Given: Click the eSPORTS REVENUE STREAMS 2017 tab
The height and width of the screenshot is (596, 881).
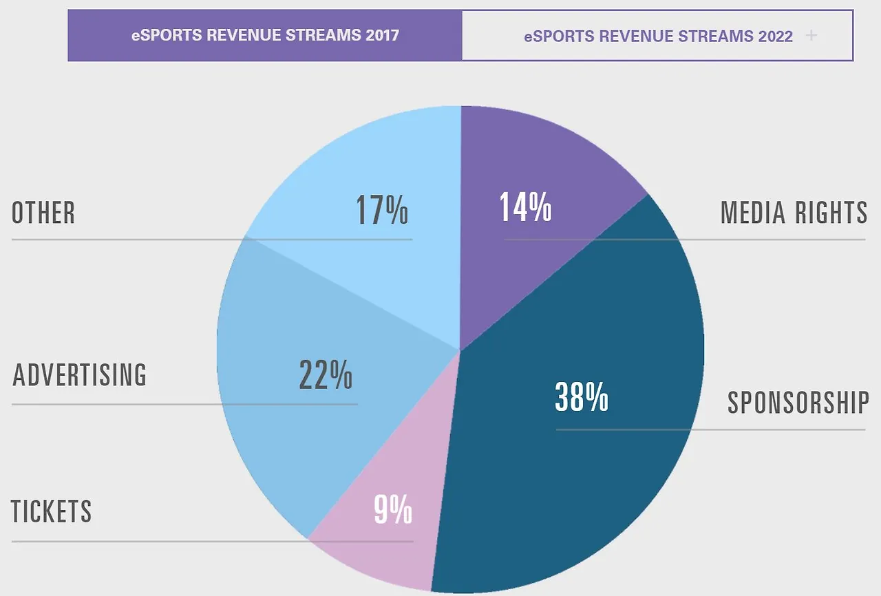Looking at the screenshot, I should (265, 35).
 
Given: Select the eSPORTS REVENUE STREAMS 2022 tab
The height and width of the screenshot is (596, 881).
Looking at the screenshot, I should (658, 36).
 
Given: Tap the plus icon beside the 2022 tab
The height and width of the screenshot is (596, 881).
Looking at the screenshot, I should (811, 35).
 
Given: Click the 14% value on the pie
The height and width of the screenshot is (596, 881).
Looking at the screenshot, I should (525, 206).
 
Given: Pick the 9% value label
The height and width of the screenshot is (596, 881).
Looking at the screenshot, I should (393, 510).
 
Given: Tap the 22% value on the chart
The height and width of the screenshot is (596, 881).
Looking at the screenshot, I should (326, 374).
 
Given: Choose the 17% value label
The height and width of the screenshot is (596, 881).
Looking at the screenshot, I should (382, 211).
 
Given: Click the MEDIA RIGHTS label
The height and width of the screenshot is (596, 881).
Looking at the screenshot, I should (794, 213).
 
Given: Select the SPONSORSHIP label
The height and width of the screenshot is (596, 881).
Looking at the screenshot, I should (798, 403).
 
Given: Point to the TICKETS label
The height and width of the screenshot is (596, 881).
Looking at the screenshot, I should (52, 511).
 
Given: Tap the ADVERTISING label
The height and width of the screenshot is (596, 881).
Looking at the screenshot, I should (80, 375).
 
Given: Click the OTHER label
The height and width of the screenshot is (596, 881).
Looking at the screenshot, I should (43, 213).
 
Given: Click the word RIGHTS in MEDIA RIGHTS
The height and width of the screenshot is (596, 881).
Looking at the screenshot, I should (831, 213).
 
